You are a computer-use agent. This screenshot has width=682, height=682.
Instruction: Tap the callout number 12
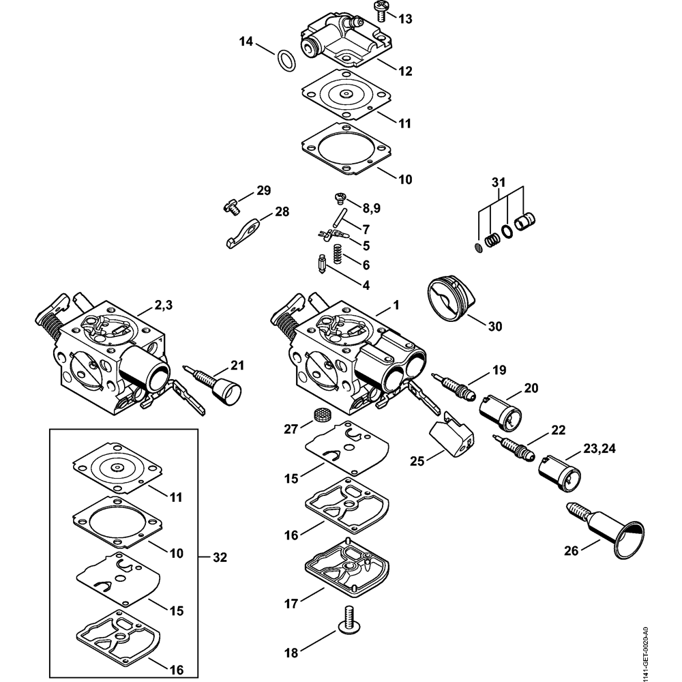coord(405,71)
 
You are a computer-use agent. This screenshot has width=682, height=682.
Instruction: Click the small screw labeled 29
coord(231,206)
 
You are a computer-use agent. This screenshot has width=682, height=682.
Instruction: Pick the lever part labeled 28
coord(243,232)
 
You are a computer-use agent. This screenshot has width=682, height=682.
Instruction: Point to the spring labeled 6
coord(337,254)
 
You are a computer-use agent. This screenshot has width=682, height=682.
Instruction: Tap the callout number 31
coord(499,182)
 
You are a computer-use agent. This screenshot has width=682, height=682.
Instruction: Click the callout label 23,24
coord(599,449)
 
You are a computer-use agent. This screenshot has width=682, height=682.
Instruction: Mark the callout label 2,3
coord(164,306)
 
